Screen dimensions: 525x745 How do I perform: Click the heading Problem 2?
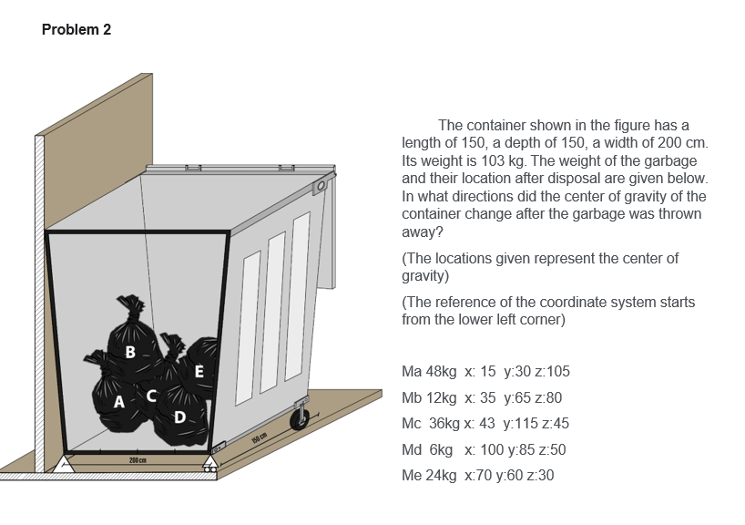pyautogui.click(x=77, y=30)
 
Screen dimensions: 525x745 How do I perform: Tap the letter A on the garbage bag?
pyautogui.click(x=119, y=402)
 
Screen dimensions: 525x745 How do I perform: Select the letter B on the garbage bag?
pyautogui.click(x=131, y=351)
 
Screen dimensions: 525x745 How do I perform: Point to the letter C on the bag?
pyautogui.click(x=152, y=395)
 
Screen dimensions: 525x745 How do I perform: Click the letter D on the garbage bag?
pyautogui.click(x=180, y=417)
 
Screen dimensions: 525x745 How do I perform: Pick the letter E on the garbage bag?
pyautogui.click(x=199, y=370)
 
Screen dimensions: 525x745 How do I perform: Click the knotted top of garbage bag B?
pyautogui.click(x=132, y=304)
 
